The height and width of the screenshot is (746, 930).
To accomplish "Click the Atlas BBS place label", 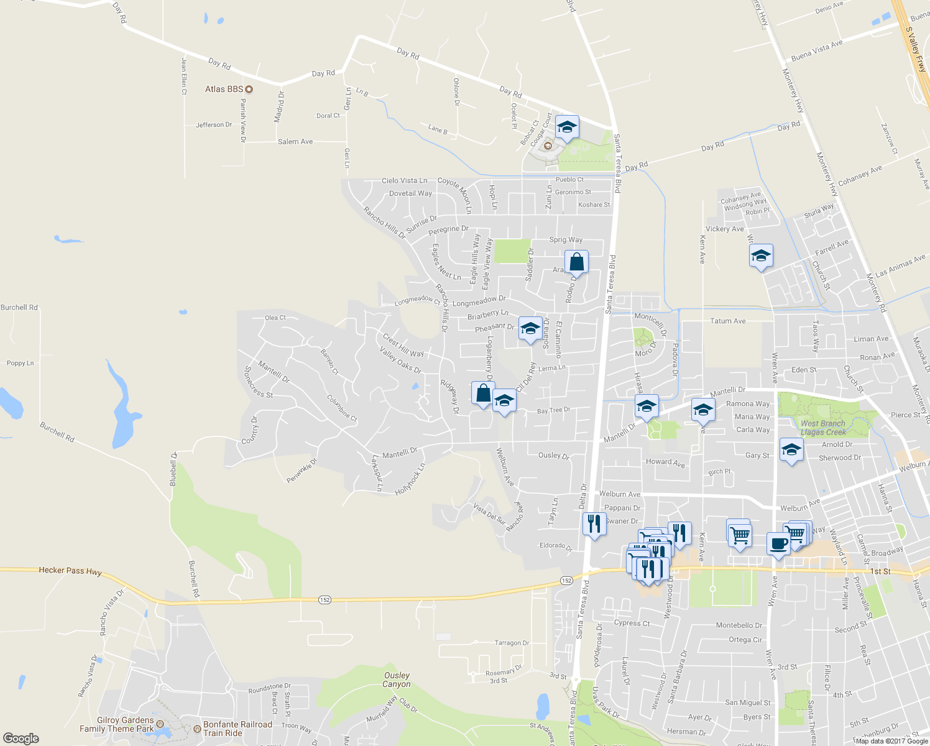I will (224, 90).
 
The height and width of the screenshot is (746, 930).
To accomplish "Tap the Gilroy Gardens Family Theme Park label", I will (116, 724).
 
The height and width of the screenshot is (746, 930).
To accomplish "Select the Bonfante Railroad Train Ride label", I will (237, 729).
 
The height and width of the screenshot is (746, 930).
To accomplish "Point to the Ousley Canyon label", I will (397, 679).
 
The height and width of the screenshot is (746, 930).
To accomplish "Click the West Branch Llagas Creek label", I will (823, 428).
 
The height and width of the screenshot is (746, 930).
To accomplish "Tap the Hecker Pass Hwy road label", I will (70, 570).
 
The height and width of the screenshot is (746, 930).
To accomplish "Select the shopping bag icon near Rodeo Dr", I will (576, 262).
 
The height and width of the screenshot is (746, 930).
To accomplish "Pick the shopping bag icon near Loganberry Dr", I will (483, 394).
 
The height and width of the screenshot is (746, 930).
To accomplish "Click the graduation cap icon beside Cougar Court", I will (566, 127).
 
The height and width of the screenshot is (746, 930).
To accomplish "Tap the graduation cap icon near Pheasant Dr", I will (530, 329).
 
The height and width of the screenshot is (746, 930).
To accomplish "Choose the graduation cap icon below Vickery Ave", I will (761, 256).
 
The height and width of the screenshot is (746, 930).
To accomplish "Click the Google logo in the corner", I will (21, 738).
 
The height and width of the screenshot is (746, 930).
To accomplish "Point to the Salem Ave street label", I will (295, 142).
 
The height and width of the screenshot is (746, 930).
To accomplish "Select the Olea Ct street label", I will (275, 318).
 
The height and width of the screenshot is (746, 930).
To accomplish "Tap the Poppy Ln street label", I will (20, 363).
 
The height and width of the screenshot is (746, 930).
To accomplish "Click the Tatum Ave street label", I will (728, 321).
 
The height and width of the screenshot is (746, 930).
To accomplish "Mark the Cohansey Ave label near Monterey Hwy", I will (860, 175).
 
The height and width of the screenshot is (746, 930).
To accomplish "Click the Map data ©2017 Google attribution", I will (892, 741).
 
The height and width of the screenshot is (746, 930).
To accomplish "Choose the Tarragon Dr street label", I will (512, 643).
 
